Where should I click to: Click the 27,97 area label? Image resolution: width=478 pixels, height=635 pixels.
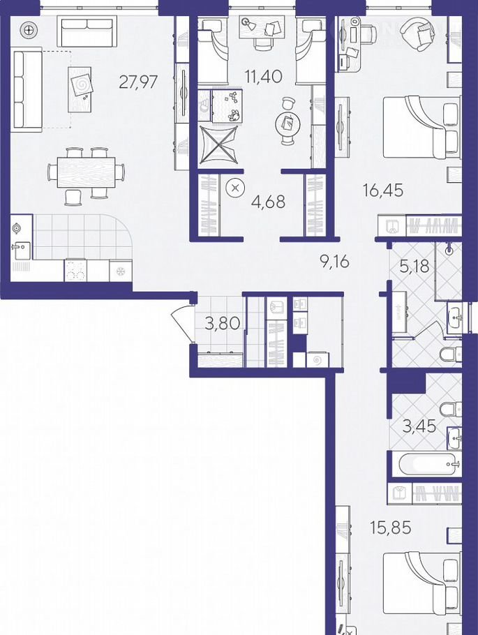(138, 82)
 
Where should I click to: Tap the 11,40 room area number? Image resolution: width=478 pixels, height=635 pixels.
(263, 76)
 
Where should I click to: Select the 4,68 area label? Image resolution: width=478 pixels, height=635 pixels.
(269, 202)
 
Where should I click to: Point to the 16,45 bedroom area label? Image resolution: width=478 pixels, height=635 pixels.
(383, 190)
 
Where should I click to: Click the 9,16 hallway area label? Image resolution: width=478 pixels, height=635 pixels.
(334, 262)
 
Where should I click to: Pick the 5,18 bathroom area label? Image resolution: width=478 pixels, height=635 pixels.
(414, 267)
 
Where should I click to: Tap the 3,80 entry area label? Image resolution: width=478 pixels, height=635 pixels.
(223, 324)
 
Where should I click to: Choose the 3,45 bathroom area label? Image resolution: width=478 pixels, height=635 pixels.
(419, 426)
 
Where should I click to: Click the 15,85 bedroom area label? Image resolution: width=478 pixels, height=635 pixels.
(391, 528)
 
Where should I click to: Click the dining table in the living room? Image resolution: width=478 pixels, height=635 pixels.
(87, 172)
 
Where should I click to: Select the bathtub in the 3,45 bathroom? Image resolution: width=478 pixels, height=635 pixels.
(429, 464)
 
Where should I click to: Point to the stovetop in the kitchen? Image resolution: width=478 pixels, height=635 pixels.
(75, 270)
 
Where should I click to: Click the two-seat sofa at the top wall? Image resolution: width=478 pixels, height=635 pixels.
(87, 31)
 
